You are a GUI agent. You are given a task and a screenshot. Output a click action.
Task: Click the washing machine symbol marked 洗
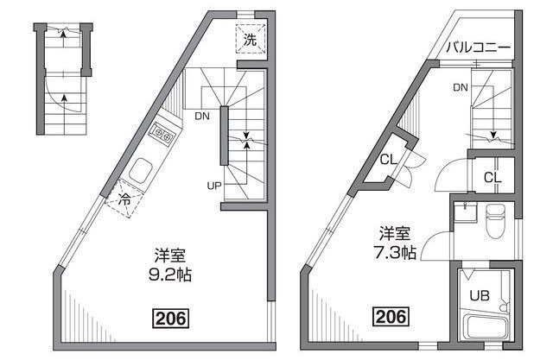250,39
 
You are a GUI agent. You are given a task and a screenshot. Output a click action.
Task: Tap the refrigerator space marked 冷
124,199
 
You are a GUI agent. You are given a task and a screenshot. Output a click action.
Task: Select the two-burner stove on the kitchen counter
163,134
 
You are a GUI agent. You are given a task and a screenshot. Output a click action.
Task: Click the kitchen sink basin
140,171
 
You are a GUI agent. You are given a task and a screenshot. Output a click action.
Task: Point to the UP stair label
214,186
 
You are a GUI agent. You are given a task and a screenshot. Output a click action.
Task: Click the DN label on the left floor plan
202,117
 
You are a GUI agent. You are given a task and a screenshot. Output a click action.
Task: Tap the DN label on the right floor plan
461,87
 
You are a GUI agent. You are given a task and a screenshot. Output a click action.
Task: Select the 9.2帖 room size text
170,275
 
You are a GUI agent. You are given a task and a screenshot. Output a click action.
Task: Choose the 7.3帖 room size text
395,253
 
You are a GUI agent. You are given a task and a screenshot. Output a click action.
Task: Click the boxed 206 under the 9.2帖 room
171,319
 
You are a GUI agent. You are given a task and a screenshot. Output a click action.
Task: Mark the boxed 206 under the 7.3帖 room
391,316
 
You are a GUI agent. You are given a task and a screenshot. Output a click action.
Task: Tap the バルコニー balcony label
478,47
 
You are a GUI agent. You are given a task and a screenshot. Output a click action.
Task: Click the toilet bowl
495,220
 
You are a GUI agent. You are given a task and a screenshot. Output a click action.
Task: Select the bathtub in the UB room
485,327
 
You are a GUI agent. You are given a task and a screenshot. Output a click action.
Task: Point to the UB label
480,296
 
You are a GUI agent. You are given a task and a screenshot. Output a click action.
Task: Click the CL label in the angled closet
388,160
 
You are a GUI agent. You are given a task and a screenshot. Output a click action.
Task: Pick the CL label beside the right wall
493,178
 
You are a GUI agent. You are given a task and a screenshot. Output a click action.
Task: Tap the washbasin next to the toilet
466,212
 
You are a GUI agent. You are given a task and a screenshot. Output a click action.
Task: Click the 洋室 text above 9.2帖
170,256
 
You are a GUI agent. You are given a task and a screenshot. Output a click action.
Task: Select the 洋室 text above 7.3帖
395,233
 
